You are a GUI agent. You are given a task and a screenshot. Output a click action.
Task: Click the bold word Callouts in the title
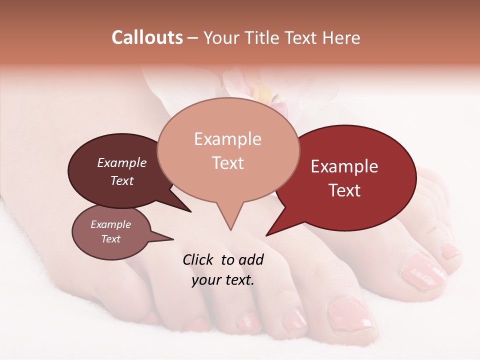click(147, 37)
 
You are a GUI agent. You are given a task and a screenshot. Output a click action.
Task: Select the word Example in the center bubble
click(227, 139)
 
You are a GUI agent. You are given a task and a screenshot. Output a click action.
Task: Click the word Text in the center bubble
click(227, 163)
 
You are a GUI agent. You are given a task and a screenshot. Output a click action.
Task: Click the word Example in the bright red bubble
click(344, 166)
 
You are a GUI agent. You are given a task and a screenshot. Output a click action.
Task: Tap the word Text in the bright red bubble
click(344, 190)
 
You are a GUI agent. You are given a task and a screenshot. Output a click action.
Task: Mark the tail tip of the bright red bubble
click(266, 235)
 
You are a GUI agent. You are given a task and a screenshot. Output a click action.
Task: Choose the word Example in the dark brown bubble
click(121, 163)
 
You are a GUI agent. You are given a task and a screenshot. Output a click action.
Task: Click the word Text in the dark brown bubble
click(121, 181)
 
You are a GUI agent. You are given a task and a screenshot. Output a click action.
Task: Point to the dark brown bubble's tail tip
click(190, 211)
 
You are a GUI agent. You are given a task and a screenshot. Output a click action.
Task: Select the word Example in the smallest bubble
click(110, 224)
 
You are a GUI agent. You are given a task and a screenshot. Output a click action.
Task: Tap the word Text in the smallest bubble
click(110, 239)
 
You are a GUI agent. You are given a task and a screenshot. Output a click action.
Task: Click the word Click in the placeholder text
click(198, 259)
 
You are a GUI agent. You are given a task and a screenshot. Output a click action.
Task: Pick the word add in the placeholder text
click(251, 259)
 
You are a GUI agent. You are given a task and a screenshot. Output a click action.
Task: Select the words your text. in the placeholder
click(223, 280)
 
